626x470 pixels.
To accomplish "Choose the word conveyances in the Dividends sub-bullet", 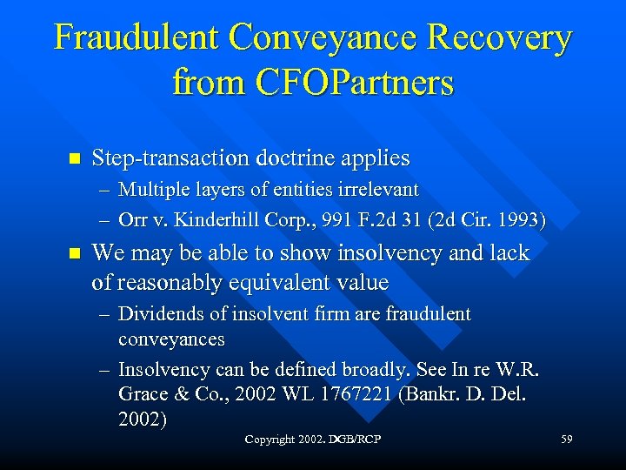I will [x=171, y=339].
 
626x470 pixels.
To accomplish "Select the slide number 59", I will [x=566, y=440].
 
